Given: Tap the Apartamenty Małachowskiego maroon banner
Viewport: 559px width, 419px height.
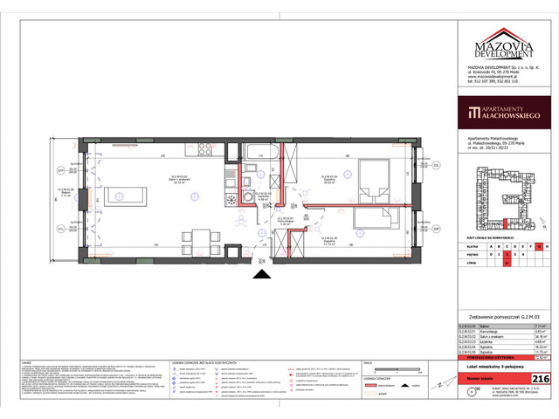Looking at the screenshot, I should tap(501, 113).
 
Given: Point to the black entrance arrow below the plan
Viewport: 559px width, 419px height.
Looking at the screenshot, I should tap(259, 276).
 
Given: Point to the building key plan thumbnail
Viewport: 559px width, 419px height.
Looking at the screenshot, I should tap(501, 199).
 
